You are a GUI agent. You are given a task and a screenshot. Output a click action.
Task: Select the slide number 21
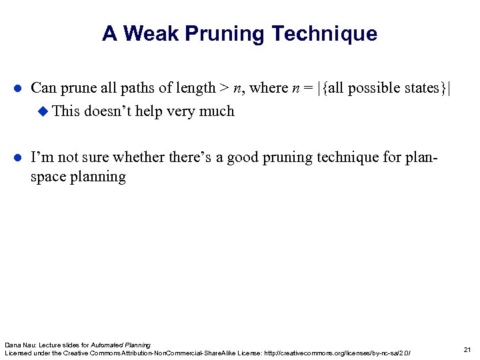(467, 349)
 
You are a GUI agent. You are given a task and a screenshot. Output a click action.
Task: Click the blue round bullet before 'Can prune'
(19, 89)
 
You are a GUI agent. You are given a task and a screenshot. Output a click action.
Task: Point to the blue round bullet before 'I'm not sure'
(19, 158)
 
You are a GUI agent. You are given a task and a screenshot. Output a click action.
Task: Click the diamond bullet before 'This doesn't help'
(44, 111)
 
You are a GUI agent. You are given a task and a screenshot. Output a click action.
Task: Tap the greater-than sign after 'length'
(224, 88)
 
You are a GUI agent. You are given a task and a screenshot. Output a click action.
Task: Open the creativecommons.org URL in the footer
(337, 353)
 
